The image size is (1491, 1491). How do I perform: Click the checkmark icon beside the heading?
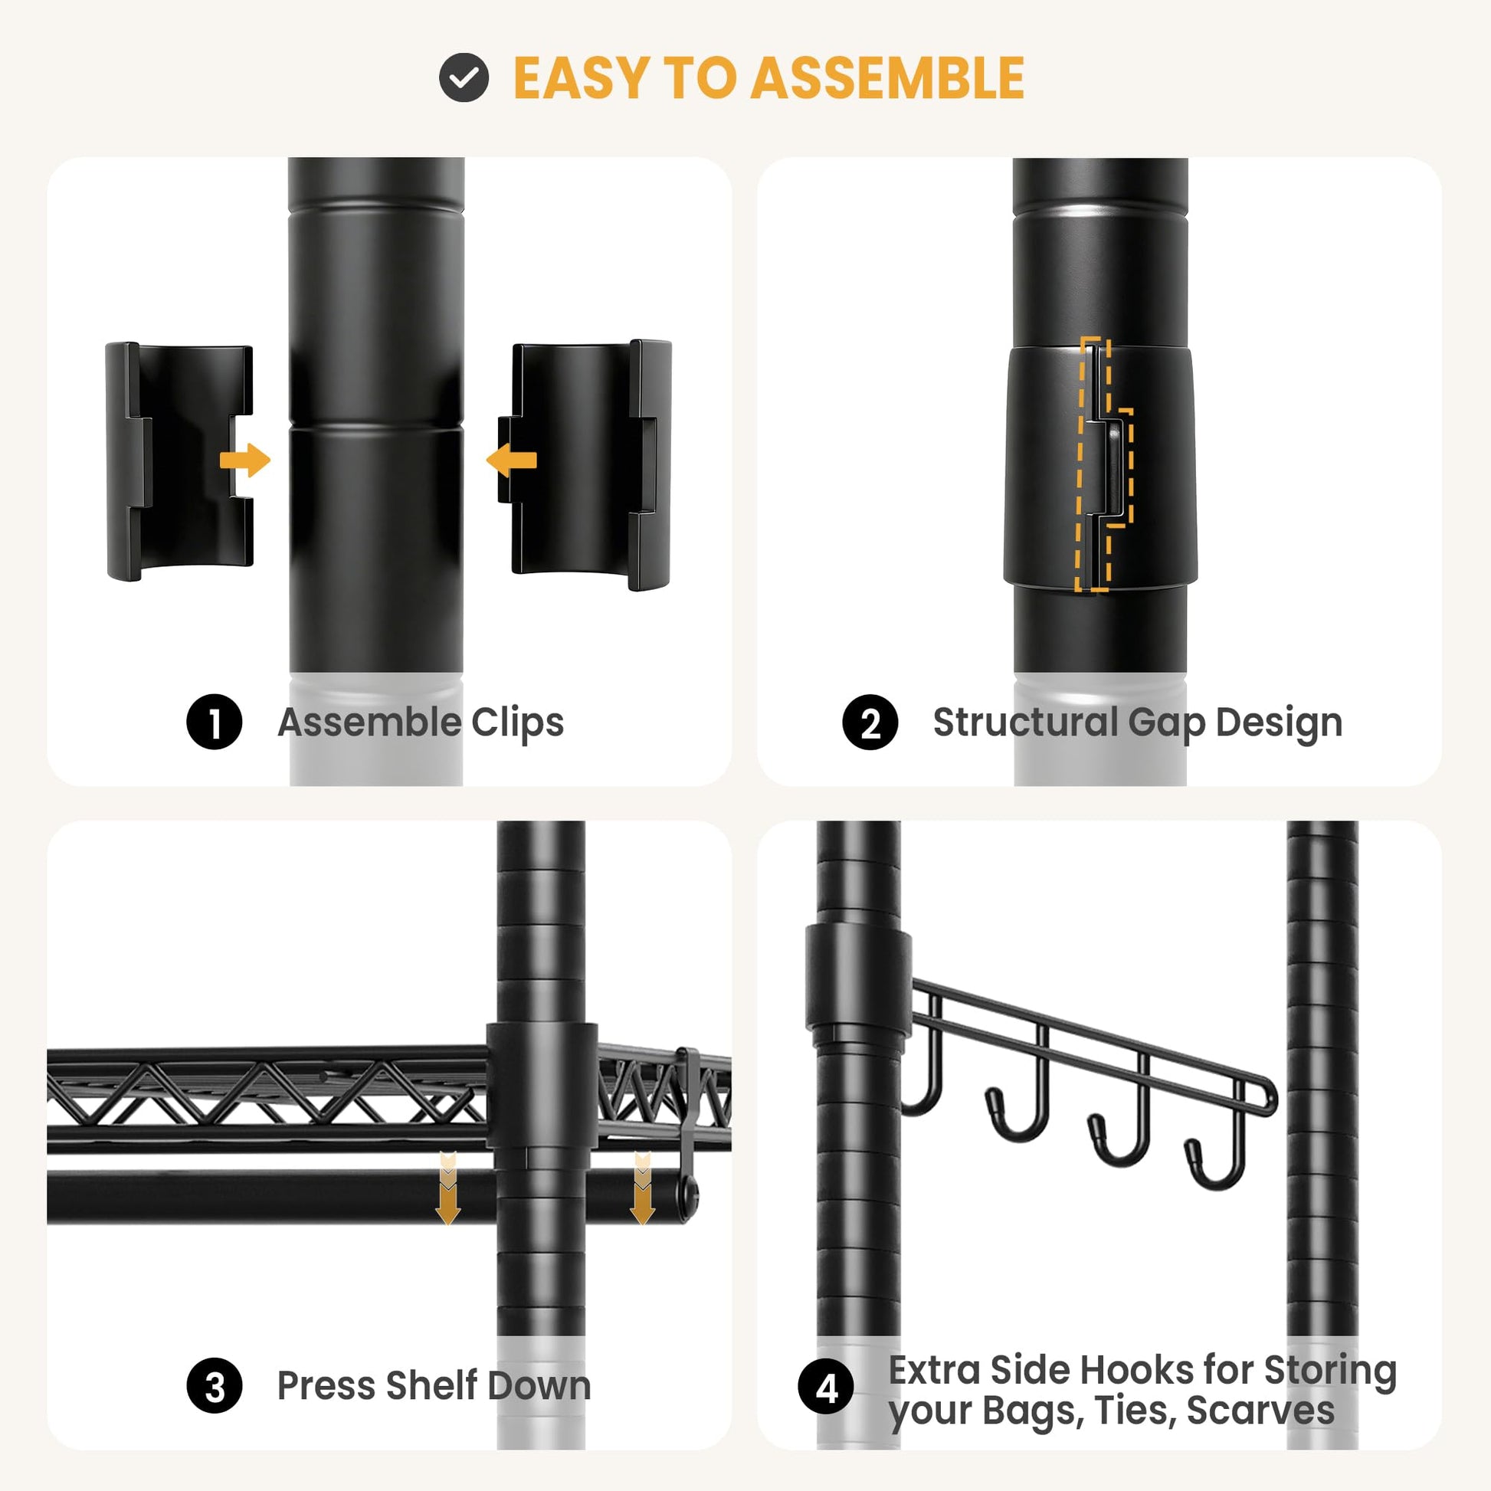pos(464,78)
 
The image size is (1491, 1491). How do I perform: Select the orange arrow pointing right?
pos(245,460)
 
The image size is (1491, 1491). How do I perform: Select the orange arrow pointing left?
pos(511,460)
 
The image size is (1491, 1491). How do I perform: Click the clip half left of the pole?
pos(179,460)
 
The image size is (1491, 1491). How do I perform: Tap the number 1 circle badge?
pos(215,722)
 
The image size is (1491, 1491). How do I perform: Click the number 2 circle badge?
pos(870,723)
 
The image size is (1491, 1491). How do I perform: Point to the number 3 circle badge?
pos(215,1386)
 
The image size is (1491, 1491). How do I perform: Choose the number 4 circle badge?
pos(827,1388)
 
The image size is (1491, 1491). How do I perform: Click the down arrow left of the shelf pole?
pos(448,1188)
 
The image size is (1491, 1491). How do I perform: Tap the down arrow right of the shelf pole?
pos(642,1188)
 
